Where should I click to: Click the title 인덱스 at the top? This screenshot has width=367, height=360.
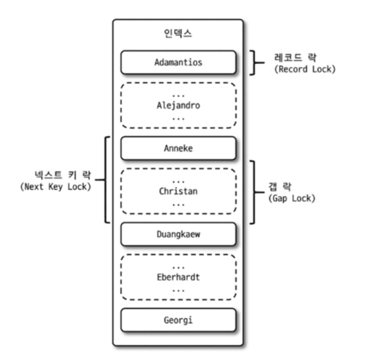(178, 33)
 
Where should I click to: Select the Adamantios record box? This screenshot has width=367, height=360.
(178, 62)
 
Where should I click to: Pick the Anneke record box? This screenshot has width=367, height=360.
(178, 148)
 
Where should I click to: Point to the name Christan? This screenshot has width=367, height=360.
(178, 191)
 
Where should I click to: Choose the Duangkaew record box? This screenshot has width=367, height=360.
(178, 234)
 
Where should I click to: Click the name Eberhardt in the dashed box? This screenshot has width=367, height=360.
(178, 277)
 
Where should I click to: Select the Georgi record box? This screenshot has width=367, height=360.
(178, 320)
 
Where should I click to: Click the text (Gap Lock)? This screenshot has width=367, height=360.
(292, 198)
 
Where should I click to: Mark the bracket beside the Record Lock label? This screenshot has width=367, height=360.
(255, 62)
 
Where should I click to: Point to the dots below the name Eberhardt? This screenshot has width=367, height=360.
(178, 290)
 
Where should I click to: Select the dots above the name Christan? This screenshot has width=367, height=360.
(178, 181)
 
